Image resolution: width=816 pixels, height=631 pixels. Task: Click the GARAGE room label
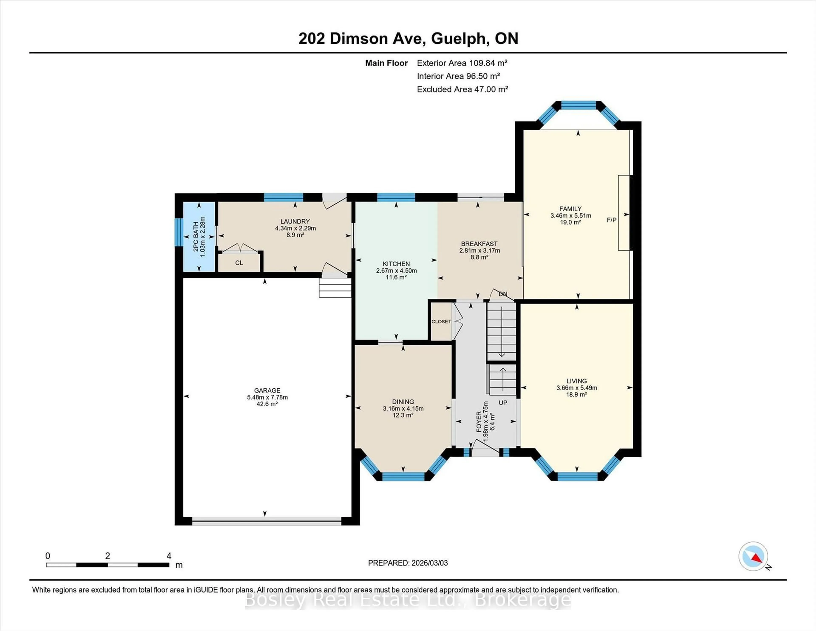(x=267, y=390)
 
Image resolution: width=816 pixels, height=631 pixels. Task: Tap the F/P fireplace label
(x=611, y=220)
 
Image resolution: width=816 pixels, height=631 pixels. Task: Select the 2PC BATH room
(x=199, y=237)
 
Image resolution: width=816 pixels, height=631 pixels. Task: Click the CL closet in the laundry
(x=239, y=263)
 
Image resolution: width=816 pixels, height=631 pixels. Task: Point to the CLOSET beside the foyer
(x=441, y=321)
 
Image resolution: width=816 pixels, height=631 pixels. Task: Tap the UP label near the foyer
(x=503, y=403)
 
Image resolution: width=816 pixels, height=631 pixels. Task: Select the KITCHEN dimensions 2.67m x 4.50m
(x=396, y=271)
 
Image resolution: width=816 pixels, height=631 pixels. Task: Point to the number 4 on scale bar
(x=169, y=556)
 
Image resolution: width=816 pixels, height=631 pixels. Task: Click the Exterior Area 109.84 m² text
(x=462, y=63)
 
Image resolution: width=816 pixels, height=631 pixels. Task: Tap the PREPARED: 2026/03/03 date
(x=408, y=563)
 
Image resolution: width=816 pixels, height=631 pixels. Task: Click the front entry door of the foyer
(x=485, y=452)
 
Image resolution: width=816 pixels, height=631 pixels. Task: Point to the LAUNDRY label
(x=295, y=221)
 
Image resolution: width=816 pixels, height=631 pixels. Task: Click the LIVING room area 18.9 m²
(x=577, y=394)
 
